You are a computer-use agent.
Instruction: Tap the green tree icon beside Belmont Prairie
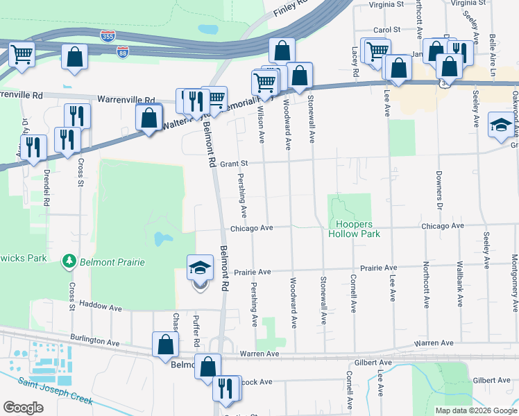tap(69, 261)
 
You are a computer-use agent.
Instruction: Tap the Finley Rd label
tap(290, 8)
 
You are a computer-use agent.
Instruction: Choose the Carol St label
tap(387, 31)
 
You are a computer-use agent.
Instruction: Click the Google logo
tap(23, 407)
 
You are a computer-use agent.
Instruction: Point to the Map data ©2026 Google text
tap(475, 410)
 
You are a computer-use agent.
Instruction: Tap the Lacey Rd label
tap(355, 61)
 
